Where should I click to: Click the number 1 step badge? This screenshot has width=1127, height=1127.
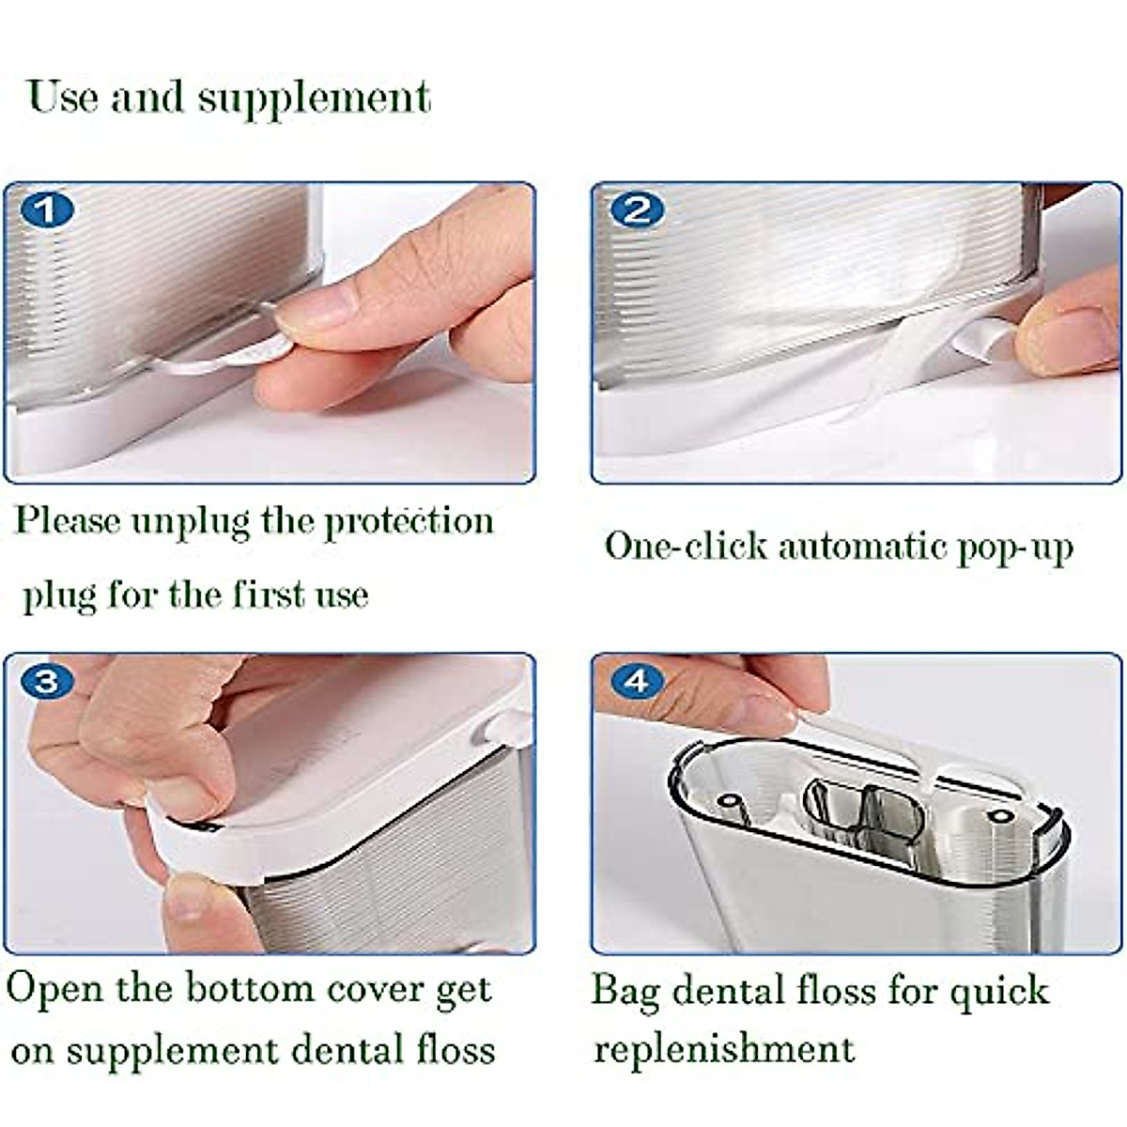(x=46, y=209)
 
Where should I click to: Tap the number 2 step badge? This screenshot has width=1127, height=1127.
(x=637, y=209)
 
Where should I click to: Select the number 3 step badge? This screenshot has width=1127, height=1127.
(x=46, y=681)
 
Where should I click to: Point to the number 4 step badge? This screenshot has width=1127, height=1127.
(x=637, y=681)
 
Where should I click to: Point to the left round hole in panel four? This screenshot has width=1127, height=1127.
(x=728, y=802)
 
